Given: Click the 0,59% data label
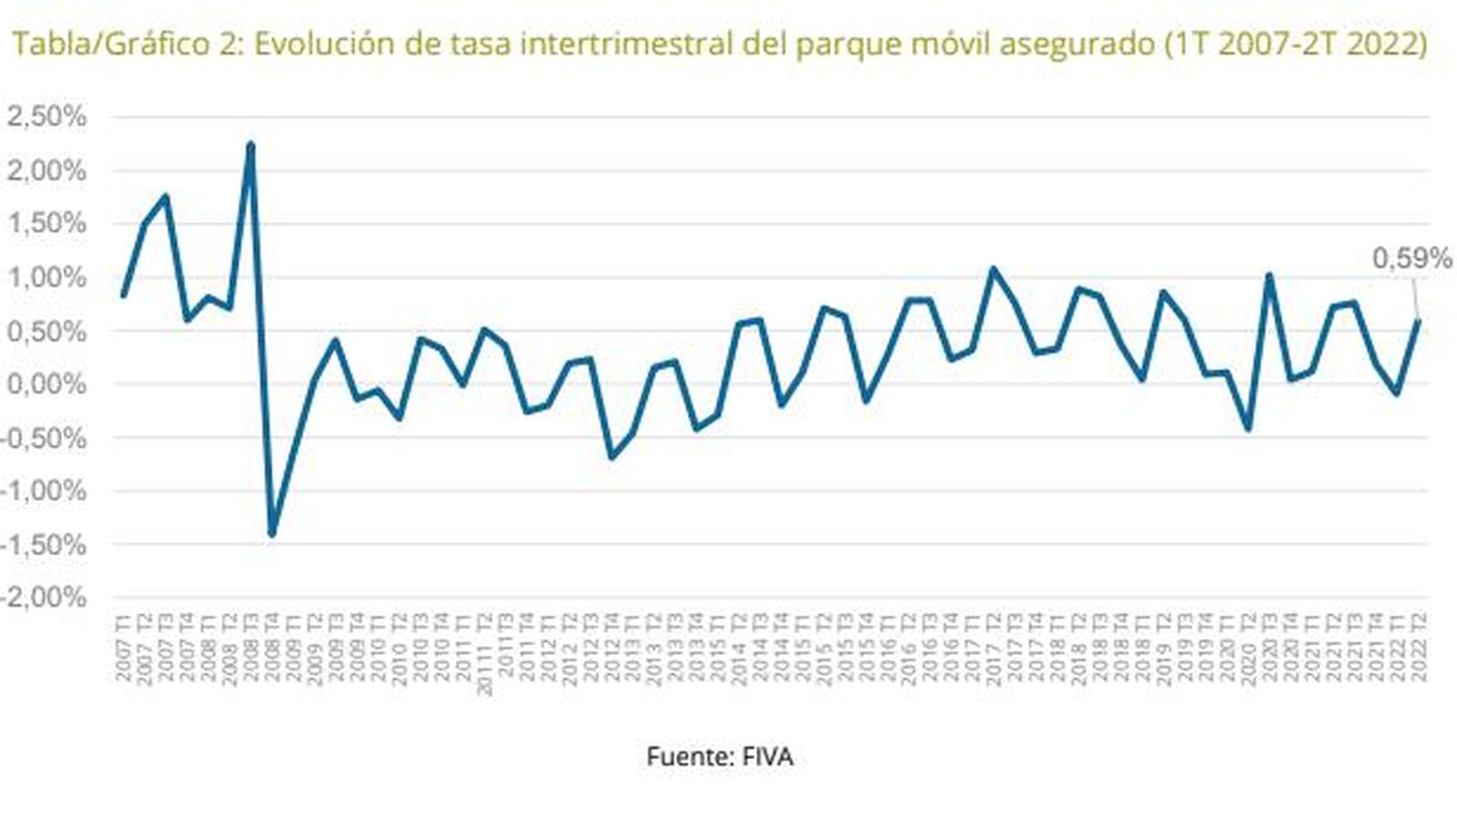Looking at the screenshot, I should (x=1411, y=259).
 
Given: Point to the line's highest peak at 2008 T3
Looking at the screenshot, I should (x=250, y=144).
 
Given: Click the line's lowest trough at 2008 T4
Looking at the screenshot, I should (x=271, y=534).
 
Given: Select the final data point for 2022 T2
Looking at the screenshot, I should (x=1419, y=321).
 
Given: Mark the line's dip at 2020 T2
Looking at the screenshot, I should (x=1248, y=428).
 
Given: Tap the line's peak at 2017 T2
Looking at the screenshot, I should (x=993, y=269).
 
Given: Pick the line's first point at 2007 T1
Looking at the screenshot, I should (x=123, y=294).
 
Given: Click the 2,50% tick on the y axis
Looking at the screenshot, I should (x=46, y=117).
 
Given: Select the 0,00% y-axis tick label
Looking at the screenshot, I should (x=46, y=384).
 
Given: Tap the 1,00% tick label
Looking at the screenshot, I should (x=46, y=277).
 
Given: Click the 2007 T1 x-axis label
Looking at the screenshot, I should (x=123, y=647).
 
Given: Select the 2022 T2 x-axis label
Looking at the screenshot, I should (x=1419, y=647).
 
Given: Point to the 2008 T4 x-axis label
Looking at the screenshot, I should (x=271, y=647).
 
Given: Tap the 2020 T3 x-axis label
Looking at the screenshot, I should (x=1269, y=647).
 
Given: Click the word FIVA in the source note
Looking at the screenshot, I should (x=768, y=756).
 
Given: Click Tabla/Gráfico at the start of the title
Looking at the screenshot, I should (x=110, y=44).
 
